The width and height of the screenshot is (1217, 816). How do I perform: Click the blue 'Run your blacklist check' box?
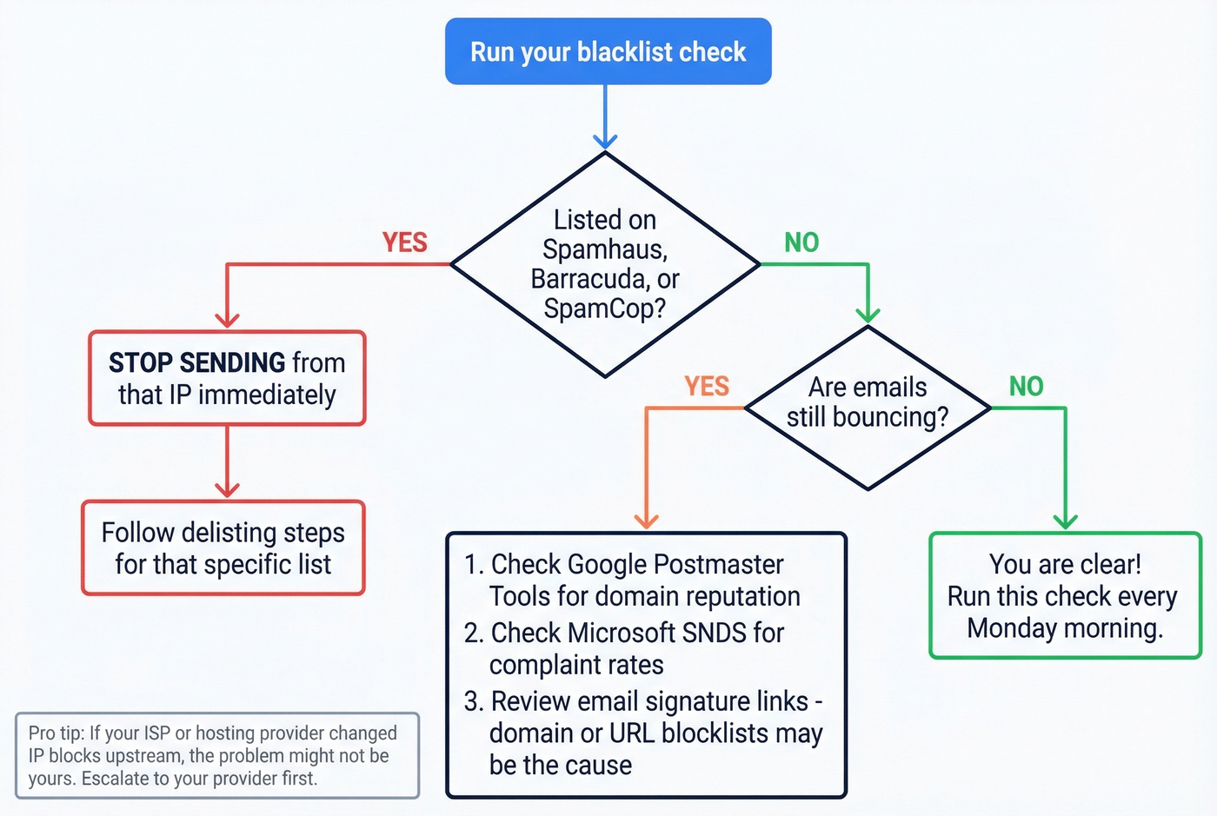[x=608, y=52]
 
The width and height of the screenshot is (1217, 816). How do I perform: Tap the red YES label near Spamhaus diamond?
[x=404, y=242]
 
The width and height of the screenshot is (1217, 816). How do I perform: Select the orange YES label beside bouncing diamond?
[x=706, y=386]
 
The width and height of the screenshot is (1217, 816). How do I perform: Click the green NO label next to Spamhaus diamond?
[x=801, y=242]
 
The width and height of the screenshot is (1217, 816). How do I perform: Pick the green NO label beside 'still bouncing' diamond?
[x=1026, y=386]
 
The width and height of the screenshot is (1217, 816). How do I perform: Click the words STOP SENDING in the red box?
[x=196, y=362]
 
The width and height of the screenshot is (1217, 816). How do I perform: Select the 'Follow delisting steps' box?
[x=223, y=548]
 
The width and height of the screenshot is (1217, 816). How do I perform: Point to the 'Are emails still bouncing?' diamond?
[x=868, y=407]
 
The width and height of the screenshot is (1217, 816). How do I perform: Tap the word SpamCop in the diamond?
[x=599, y=308]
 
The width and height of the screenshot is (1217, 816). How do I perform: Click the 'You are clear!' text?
[x=1065, y=565]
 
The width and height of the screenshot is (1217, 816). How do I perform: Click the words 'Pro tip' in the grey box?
[x=56, y=733]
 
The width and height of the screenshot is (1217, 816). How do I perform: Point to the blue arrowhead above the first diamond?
[x=605, y=142]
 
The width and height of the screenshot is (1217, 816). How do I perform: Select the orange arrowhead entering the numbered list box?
[x=646, y=521]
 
